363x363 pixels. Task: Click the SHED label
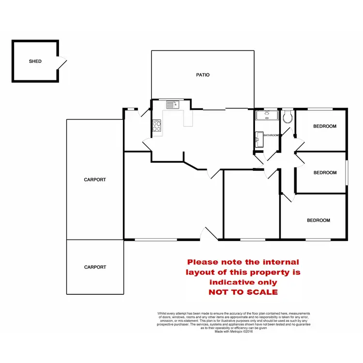click(x=35, y=61)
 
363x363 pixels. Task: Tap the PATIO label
click(x=203, y=75)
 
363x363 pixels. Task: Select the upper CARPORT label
click(x=95, y=180)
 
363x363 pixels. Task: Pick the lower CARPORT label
click(x=95, y=267)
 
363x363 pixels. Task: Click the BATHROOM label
click(x=271, y=135)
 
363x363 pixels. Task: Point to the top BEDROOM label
click(x=324, y=126)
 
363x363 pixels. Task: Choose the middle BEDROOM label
click(x=325, y=173)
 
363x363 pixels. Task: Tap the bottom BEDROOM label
click(x=318, y=220)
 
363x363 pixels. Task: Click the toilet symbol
click(x=287, y=117)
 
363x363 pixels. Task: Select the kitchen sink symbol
click(x=173, y=104)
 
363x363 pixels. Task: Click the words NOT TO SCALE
click(x=243, y=292)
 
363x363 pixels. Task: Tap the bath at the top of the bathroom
click(x=266, y=115)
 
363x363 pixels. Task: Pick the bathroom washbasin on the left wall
click(x=259, y=138)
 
